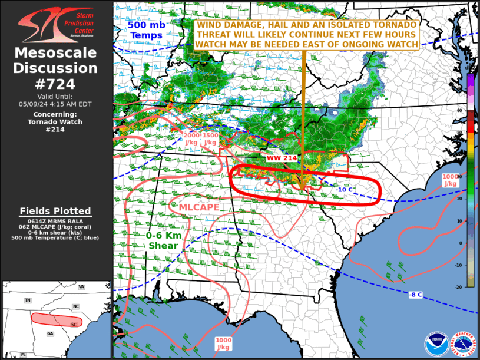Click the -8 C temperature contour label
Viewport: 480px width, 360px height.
415,294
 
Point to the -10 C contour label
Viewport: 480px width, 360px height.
345,189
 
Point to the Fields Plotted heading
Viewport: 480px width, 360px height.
55,211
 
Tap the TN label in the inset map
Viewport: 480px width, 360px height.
28,300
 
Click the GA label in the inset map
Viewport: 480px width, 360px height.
51,334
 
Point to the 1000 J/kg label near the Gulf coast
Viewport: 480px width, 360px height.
223,343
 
